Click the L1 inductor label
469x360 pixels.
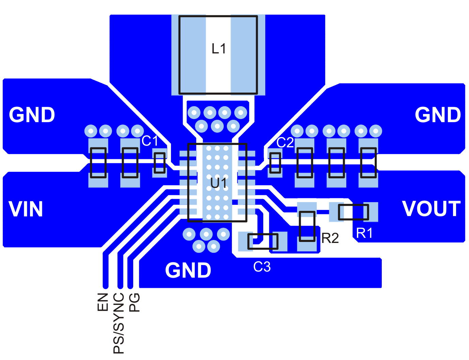(218, 49)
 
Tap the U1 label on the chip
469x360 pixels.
(218, 183)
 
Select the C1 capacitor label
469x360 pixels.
(150, 141)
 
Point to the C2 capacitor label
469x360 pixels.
(285, 143)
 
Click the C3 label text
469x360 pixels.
(262, 267)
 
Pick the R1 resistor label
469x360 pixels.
(364, 233)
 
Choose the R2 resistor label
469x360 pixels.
(330, 238)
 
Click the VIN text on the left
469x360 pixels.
(26, 209)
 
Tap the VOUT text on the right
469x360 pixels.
(431, 209)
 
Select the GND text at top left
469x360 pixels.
(32, 115)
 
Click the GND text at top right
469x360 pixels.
(438, 115)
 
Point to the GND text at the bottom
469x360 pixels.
(188, 271)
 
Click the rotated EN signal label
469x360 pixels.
(103, 302)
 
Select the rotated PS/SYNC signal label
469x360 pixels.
(119, 323)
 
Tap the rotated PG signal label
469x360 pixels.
(135, 302)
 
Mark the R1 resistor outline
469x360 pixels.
(353, 212)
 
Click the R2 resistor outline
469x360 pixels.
(307, 226)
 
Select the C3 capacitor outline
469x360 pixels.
(263, 242)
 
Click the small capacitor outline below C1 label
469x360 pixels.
(159, 163)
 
